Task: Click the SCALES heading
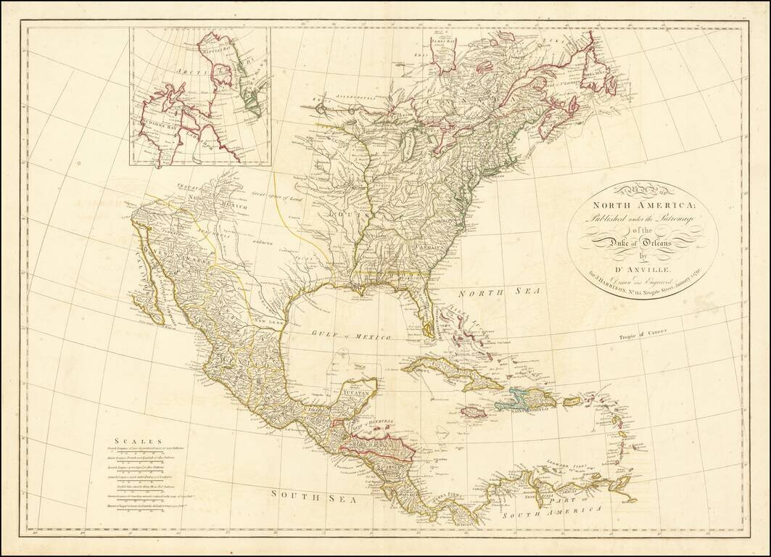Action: (133, 440)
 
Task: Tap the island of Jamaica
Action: (474, 411)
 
